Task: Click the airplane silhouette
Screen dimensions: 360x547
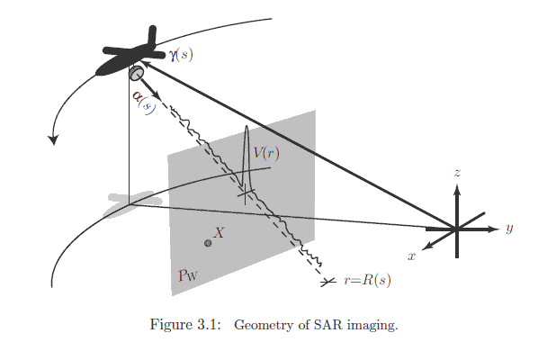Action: [x=130, y=56]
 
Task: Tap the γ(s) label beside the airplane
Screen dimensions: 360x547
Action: [x=180, y=55]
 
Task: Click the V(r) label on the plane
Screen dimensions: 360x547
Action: [x=265, y=153]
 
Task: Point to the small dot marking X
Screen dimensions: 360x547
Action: [x=208, y=243]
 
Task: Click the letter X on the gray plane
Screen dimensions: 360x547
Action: [x=219, y=232]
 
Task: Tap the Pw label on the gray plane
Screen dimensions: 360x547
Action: [x=188, y=274]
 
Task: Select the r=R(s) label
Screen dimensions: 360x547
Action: [x=367, y=281]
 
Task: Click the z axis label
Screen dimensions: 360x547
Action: [x=458, y=170]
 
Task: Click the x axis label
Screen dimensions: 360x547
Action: [x=411, y=256]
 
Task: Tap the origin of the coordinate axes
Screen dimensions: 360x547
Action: [x=458, y=229]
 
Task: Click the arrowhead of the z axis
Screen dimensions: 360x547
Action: [x=458, y=189]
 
